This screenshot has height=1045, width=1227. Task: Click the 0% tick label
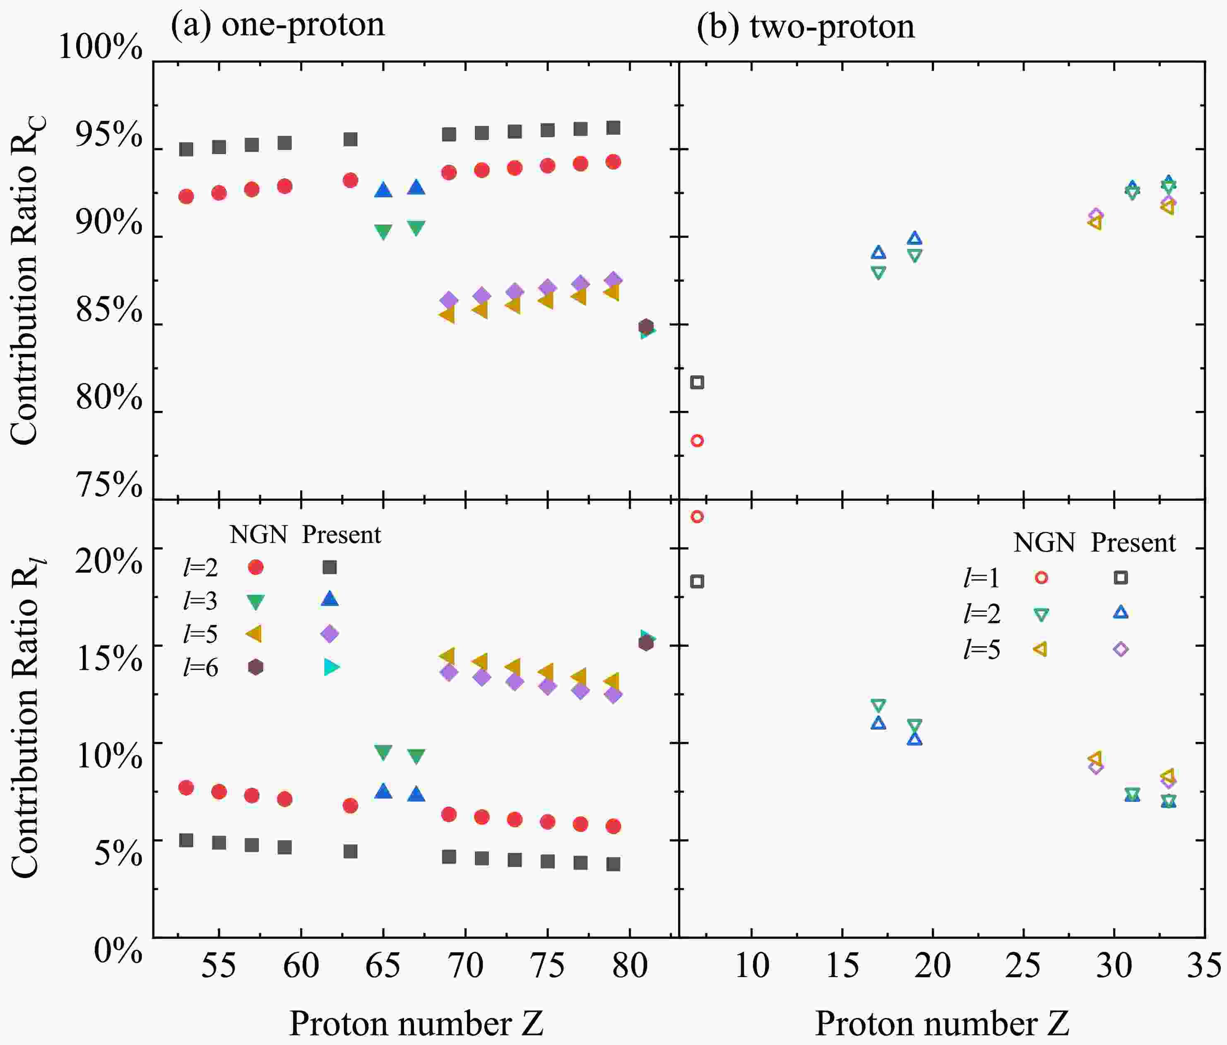tap(118, 950)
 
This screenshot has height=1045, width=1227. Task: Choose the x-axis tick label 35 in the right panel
tap(1204, 965)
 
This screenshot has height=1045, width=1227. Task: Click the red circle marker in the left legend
tap(255, 567)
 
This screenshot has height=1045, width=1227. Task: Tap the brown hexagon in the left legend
tap(255, 667)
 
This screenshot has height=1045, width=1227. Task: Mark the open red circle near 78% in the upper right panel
tap(697, 440)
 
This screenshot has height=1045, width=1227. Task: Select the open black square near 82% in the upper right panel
tap(697, 382)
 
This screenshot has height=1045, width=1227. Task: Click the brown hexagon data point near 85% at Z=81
tap(646, 326)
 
